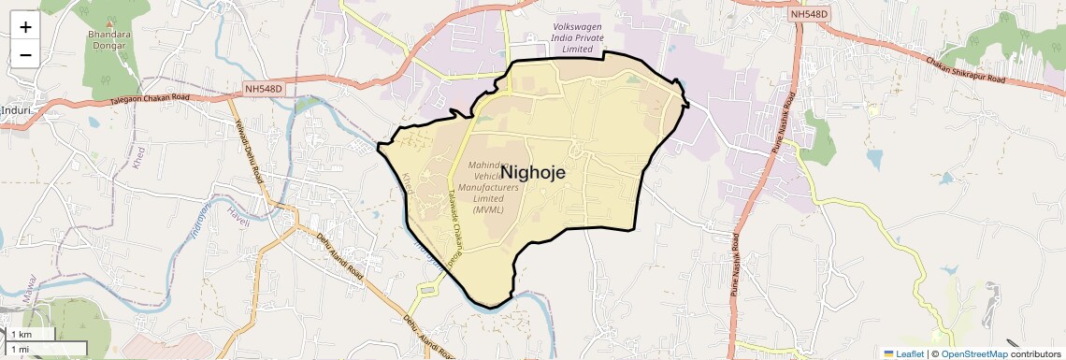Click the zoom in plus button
(25, 27)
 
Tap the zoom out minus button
(25, 55)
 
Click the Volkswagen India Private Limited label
(586, 36)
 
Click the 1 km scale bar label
(21, 335)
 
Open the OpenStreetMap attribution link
(973, 353)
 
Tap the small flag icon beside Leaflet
(888, 353)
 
